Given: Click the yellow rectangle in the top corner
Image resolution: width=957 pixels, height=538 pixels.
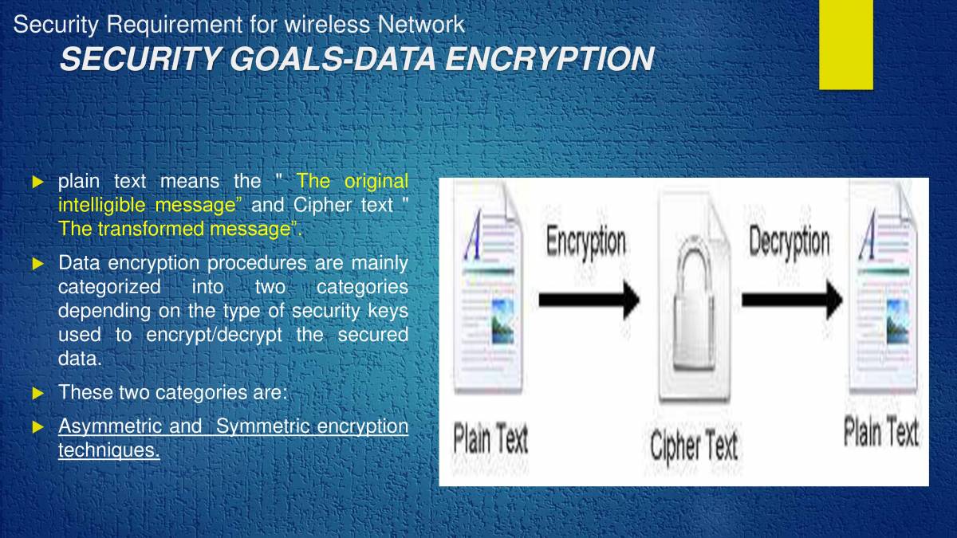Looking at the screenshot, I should tap(845, 44).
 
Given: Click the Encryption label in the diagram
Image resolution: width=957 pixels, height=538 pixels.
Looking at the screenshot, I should tap(586, 242).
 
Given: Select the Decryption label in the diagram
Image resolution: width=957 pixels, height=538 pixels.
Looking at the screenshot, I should tap(789, 242).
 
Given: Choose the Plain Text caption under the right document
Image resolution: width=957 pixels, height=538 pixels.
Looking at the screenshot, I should tap(881, 432).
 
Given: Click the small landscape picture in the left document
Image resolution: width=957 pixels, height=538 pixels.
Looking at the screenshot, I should tap(502, 320).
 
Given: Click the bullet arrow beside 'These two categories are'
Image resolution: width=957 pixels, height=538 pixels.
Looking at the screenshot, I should tap(37, 393).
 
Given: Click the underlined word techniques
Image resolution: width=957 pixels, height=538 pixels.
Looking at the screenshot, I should tap(108, 451).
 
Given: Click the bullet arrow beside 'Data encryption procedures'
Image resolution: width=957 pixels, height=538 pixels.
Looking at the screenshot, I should tap(37, 264).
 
